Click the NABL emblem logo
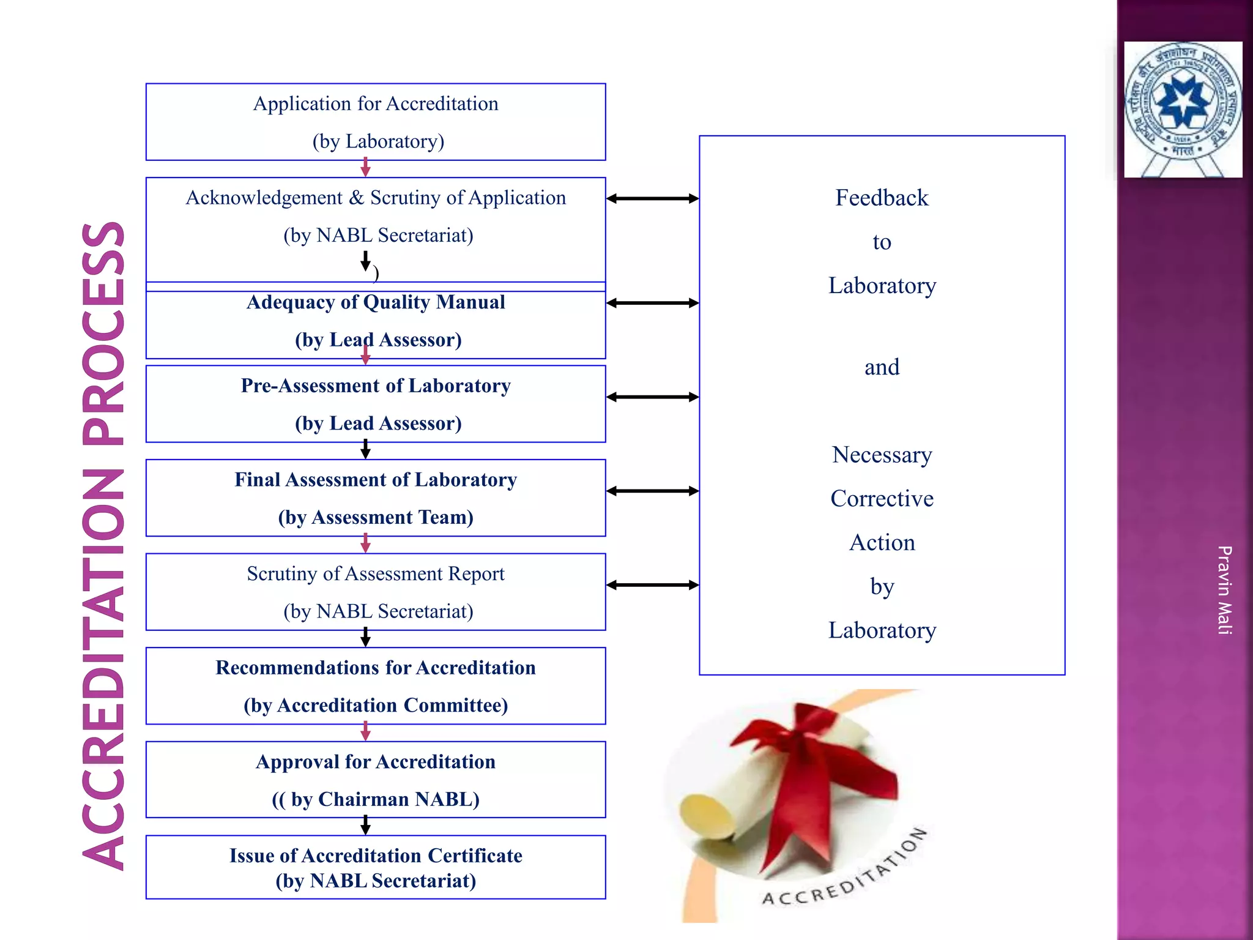coord(1183,109)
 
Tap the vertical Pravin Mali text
coord(1224,589)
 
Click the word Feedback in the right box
coord(882,198)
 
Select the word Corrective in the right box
coord(882,499)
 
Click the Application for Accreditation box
coord(376,122)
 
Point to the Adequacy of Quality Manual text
coord(376,302)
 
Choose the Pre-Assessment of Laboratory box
coord(376,404)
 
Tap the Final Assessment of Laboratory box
coord(376,498)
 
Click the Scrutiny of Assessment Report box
coord(376,592)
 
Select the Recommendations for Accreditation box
coord(376,685)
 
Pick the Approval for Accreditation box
coord(376,780)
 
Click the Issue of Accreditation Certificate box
coord(376,867)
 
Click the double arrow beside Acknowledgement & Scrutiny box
coord(652,198)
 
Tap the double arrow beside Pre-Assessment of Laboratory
coord(652,397)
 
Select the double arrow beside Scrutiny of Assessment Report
coord(652,585)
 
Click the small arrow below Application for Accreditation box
coord(365,167)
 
